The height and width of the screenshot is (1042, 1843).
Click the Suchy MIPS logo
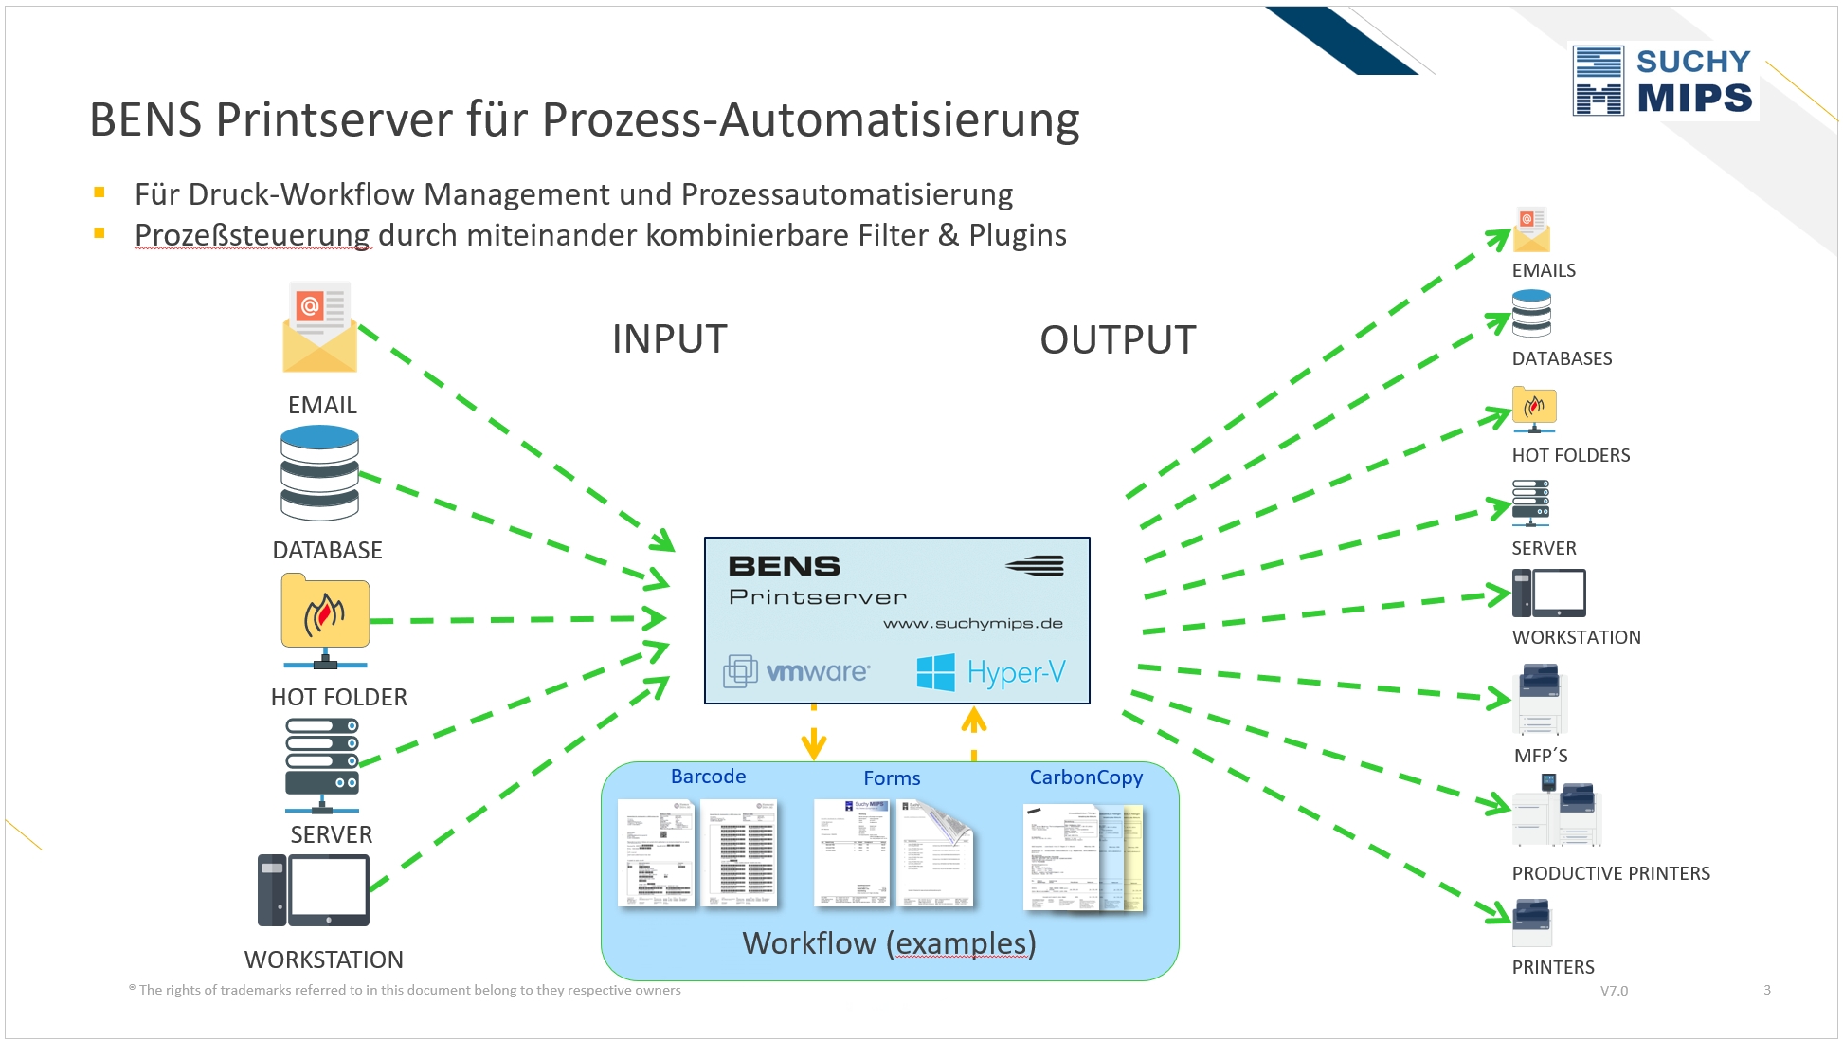coord(1664,81)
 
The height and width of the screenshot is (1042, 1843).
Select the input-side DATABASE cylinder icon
coord(319,472)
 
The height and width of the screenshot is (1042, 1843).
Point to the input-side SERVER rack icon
coord(322,764)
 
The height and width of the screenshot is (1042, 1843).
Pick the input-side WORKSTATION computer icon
coord(314,890)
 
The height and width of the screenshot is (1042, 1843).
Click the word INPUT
coord(669,339)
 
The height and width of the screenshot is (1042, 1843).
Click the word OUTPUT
coord(1117,340)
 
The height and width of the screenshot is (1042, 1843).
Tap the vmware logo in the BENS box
coord(797,671)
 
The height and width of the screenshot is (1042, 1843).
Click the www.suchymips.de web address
coord(972,624)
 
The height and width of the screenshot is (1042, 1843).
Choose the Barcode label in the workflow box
coord(708,777)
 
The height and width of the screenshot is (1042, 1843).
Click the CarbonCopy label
coord(1086,777)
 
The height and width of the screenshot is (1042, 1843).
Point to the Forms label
coord(892,778)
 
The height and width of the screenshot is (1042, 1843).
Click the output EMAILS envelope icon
coord(1531,230)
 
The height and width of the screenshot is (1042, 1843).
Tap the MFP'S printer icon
coord(1541,700)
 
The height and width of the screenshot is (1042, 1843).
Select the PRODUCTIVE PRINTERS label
coord(1611,873)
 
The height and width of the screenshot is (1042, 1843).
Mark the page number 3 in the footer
coord(1767,990)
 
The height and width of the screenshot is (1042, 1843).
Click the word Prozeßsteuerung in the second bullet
coord(252,235)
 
